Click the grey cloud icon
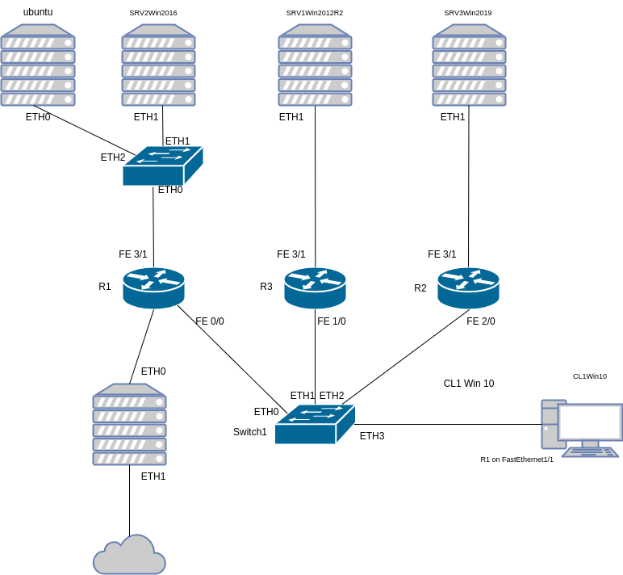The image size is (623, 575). pyautogui.click(x=129, y=556)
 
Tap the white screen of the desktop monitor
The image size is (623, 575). pyautogui.click(x=590, y=422)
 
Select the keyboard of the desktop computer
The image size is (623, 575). pyautogui.click(x=591, y=452)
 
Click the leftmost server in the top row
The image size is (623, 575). pyautogui.click(x=38, y=65)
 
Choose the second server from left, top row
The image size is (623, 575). pyautogui.click(x=158, y=65)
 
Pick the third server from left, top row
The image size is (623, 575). pyautogui.click(x=315, y=65)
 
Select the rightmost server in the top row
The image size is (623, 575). pyautogui.click(x=469, y=65)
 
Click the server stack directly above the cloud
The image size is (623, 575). pyautogui.click(x=129, y=425)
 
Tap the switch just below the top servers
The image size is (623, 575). pyautogui.click(x=162, y=166)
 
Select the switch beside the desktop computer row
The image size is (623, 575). pyautogui.click(x=315, y=424)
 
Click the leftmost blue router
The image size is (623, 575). pyautogui.click(x=153, y=287)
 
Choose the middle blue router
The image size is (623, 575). pyautogui.click(x=315, y=287)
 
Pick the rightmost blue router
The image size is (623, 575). pyautogui.click(x=468, y=287)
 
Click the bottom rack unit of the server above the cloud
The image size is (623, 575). pyautogui.click(x=129, y=459)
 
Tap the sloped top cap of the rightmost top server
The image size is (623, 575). pyautogui.click(x=469, y=31)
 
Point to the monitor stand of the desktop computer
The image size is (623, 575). pyautogui.click(x=590, y=443)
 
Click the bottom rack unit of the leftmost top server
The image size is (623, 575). pyautogui.click(x=38, y=99)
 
